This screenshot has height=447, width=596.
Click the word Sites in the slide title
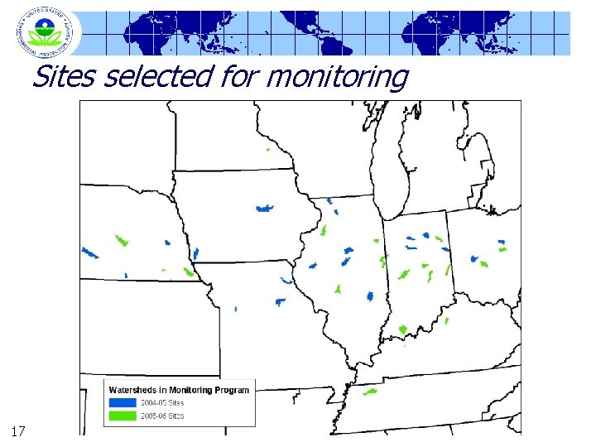[64, 77]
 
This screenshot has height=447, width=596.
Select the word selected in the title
[156, 77]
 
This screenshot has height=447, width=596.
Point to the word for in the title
[239, 77]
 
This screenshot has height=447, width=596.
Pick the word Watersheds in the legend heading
[137, 390]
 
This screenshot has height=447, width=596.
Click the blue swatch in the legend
[123, 402]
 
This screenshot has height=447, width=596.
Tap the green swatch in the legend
[123, 415]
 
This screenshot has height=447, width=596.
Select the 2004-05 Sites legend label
[162, 402]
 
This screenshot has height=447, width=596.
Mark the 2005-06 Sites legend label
[162, 415]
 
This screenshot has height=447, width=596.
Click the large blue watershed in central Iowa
[265, 209]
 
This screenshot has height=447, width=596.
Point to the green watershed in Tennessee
[369, 392]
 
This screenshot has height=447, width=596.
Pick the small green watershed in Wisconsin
[268, 150]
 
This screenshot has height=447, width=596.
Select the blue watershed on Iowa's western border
[195, 253]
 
